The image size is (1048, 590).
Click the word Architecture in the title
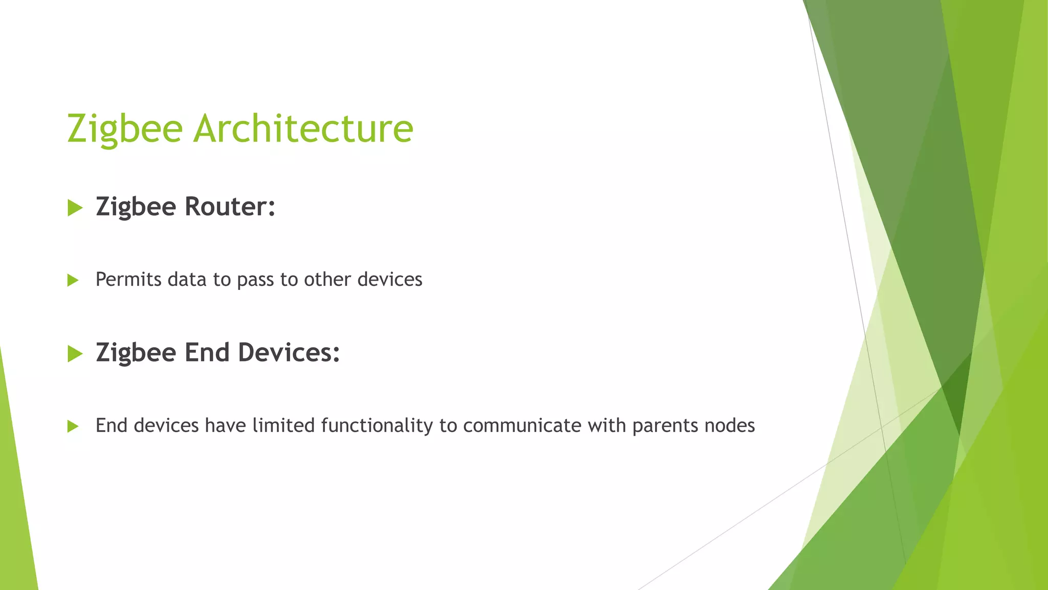point(303,128)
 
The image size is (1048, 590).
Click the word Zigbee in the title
point(125,129)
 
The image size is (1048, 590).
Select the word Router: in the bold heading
point(230,207)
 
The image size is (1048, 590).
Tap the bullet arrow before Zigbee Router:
point(75,208)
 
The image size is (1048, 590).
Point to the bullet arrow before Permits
point(73,280)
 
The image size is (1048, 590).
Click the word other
point(327,280)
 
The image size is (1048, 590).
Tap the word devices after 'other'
point(389,280)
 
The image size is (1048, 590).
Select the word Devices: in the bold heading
point(289,352)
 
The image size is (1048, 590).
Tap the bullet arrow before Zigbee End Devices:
point(75,353)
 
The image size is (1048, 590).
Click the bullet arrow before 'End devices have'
point(73,426)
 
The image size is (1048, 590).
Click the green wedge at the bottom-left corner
point(15,512)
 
